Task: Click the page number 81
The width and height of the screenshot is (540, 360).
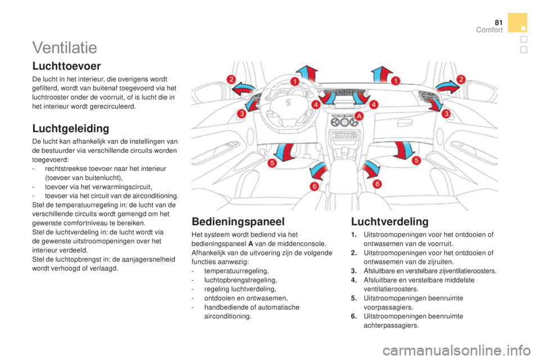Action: click(x=499, y=22)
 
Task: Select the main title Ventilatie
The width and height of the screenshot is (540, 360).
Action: click(x=65, y=48)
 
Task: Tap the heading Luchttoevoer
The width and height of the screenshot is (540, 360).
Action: click(x=66, y=66)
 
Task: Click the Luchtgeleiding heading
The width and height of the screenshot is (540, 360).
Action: click(x=71, y=128)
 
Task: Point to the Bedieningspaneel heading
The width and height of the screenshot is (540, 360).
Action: click(x=238, y=222)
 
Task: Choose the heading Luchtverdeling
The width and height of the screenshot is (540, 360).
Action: click(x=390, y=222)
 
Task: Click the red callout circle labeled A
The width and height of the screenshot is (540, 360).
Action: click(x=359, y=116)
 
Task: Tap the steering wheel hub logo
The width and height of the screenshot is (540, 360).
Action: click(x=288, y=103)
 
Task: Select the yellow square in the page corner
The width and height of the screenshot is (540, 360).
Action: click(x=517, y=22)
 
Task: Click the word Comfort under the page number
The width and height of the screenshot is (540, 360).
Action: click(x=489, y=30)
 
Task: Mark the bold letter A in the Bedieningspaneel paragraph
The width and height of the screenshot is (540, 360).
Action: click(x=250, y=244)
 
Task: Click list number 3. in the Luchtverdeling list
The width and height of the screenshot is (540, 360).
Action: click(x=354, y=271)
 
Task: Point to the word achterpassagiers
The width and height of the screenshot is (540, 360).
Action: click(x=391, y=326)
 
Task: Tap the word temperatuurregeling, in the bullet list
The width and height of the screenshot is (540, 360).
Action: click(x=236, y=271)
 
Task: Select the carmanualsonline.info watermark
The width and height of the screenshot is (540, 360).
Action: click(x=456, y=350)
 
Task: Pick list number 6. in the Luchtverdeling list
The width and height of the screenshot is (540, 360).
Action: click(x=354, y=316)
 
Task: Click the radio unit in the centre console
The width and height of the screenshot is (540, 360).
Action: click(x=344, y=135)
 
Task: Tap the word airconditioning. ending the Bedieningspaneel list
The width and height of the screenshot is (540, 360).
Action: click(x=228, y=316)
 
